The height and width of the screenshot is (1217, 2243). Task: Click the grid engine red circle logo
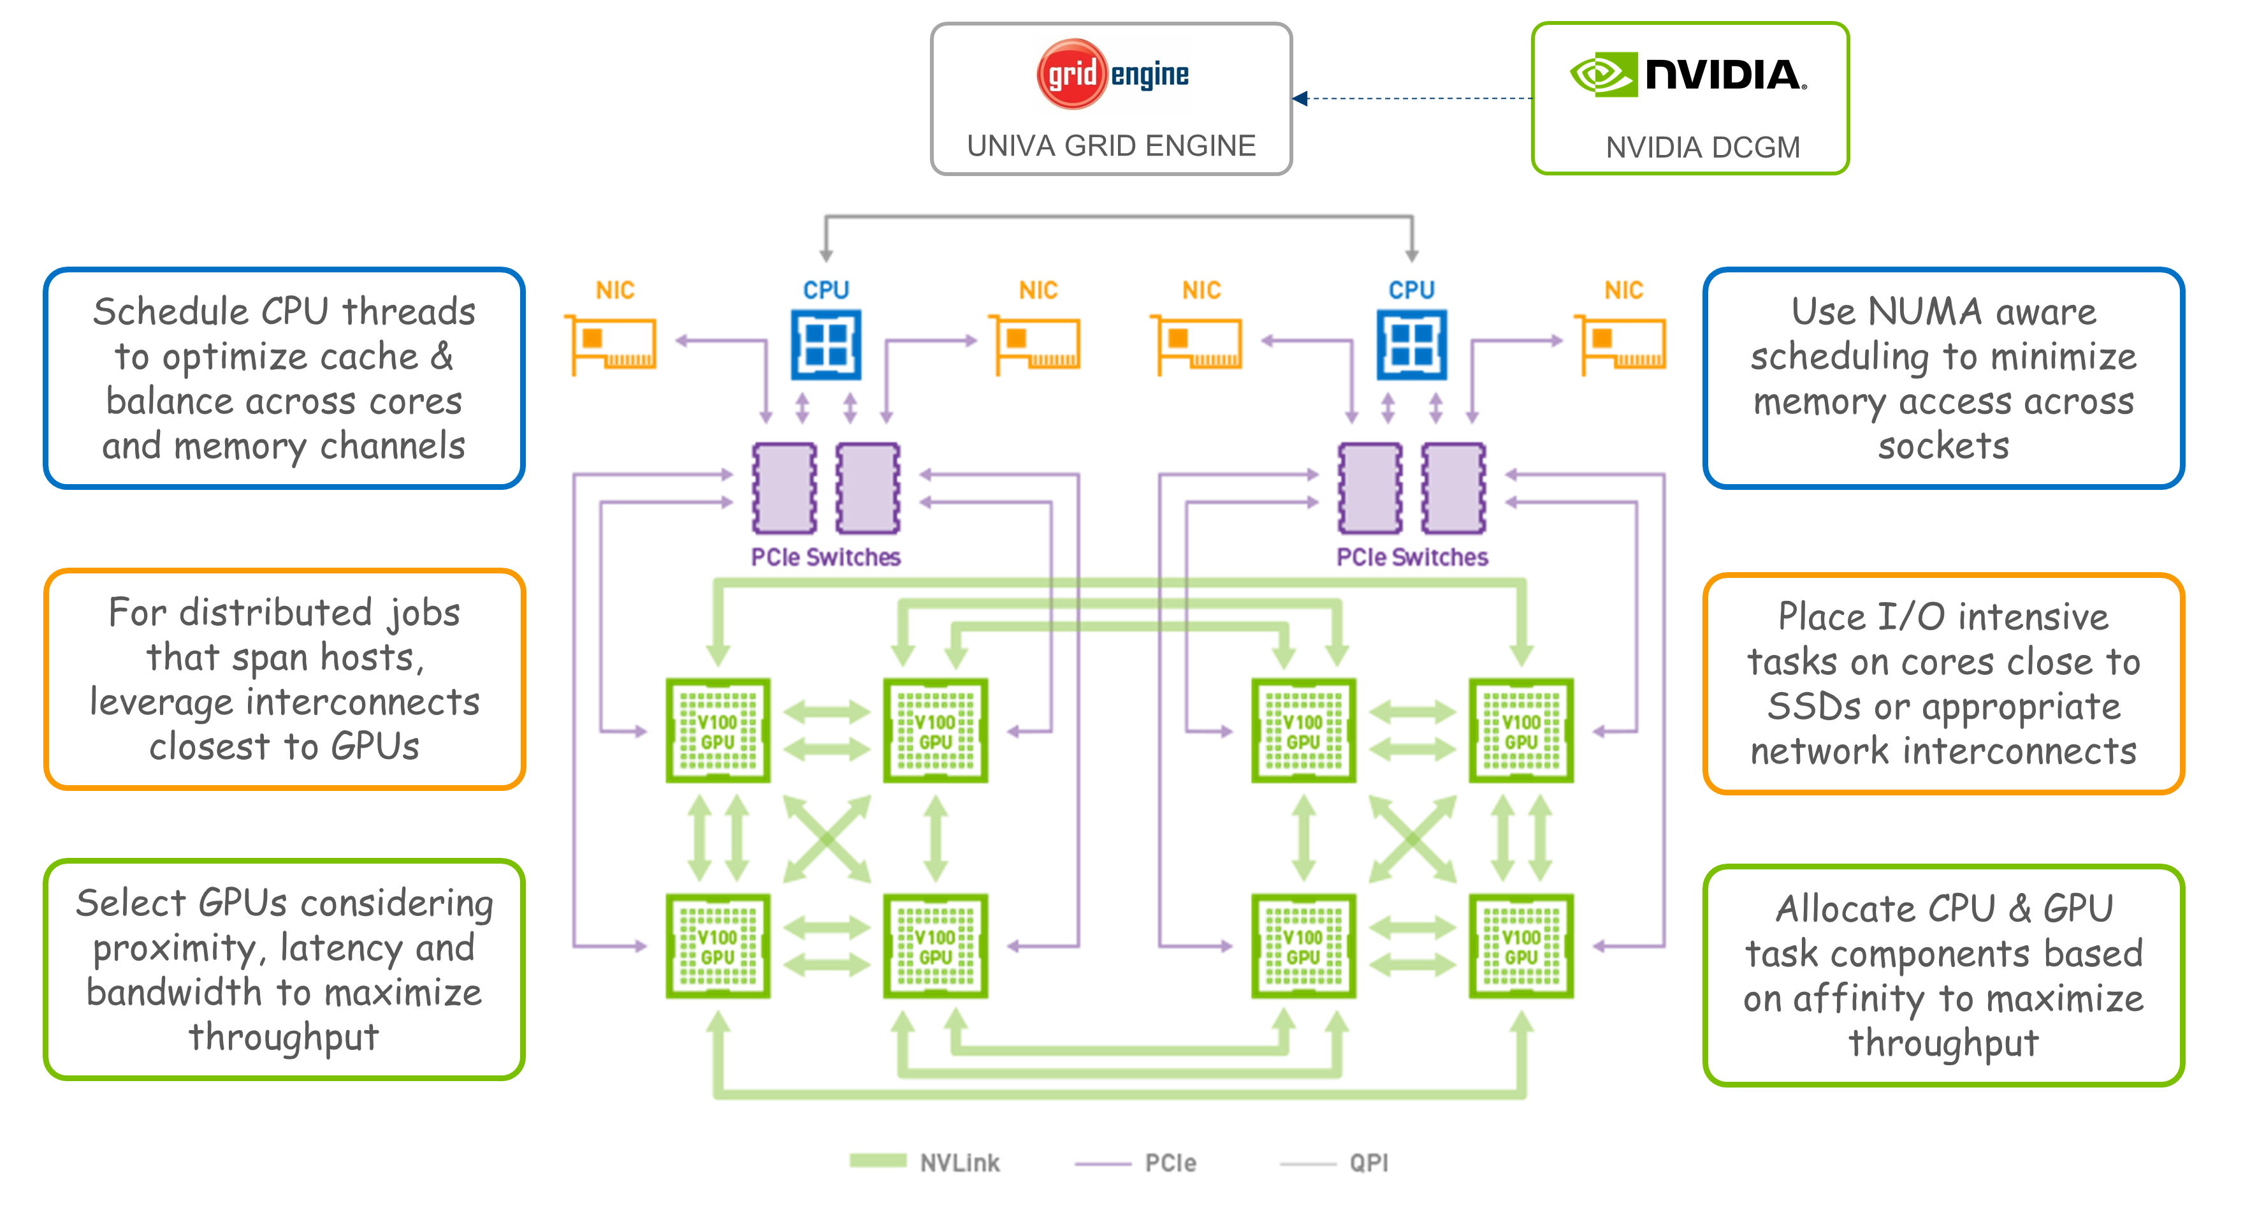[1071, 74]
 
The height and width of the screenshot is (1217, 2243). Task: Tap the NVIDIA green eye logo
[1601, 74]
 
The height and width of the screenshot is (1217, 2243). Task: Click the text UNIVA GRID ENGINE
[1111, 145]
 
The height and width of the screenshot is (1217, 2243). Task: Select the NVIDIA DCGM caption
[1702, 147]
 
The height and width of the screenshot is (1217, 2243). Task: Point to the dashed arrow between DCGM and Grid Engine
[1415, 98]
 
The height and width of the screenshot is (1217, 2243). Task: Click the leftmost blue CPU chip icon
[825, 345]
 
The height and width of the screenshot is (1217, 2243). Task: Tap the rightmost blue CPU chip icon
[1411, 345]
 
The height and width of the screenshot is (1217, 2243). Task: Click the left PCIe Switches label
[825, 557]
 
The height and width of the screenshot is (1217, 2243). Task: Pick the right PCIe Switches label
[1411, 557]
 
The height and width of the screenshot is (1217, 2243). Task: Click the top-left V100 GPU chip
[718, 730]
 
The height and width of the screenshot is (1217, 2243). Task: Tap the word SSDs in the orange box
[1812, 707]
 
